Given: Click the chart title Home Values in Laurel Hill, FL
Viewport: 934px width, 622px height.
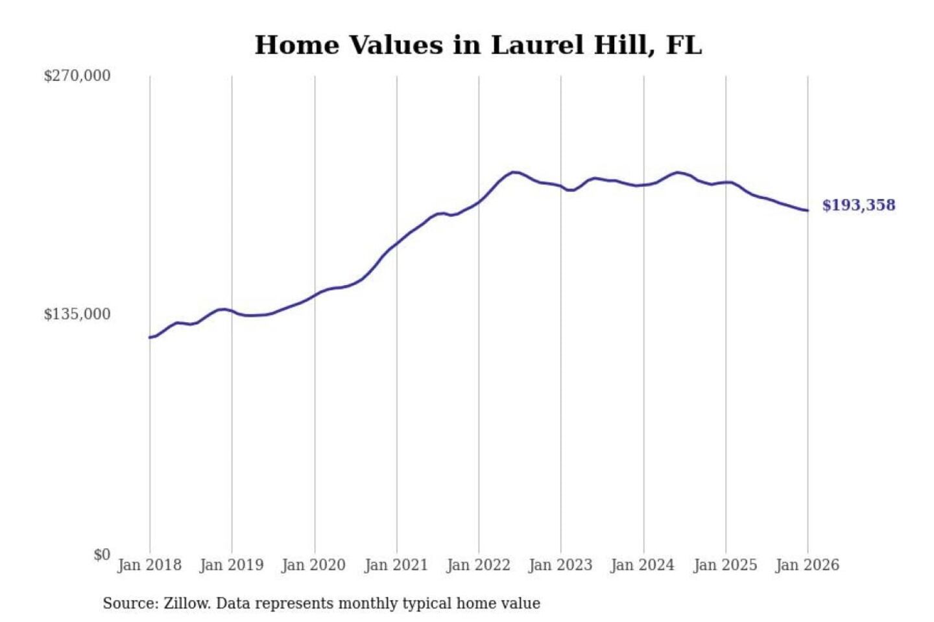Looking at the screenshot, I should pos(478,45).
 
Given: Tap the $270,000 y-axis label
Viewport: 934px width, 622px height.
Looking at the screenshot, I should pos(77,76).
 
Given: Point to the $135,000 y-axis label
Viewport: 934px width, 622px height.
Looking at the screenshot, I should pos(77,314).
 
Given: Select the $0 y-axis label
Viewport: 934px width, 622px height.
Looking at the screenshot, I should pos(102,555).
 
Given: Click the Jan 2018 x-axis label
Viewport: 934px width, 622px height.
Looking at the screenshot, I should pos(150,565).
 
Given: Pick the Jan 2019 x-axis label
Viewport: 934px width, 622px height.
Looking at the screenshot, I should pos(232,565).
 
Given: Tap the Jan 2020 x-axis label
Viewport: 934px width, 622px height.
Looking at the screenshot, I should pos(314,565).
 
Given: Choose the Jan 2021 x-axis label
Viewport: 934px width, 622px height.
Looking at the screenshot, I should pos(396,565).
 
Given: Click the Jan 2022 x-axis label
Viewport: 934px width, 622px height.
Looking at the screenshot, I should pos(479,565).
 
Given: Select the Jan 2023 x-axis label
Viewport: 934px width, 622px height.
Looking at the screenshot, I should pos(561,565).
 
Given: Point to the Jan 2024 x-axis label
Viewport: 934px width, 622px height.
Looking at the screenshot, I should pos(643,565).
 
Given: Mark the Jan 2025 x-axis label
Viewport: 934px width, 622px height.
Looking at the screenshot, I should pos(725,565).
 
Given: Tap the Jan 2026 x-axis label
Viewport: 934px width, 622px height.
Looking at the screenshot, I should pos(808,565).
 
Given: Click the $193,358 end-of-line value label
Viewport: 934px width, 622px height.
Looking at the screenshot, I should pos(859,205).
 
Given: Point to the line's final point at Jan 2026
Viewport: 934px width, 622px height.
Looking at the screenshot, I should pos(808,211).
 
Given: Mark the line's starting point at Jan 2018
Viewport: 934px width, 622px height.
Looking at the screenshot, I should pos(150,338).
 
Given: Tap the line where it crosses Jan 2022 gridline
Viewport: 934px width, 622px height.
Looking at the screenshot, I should pos(479,202).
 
